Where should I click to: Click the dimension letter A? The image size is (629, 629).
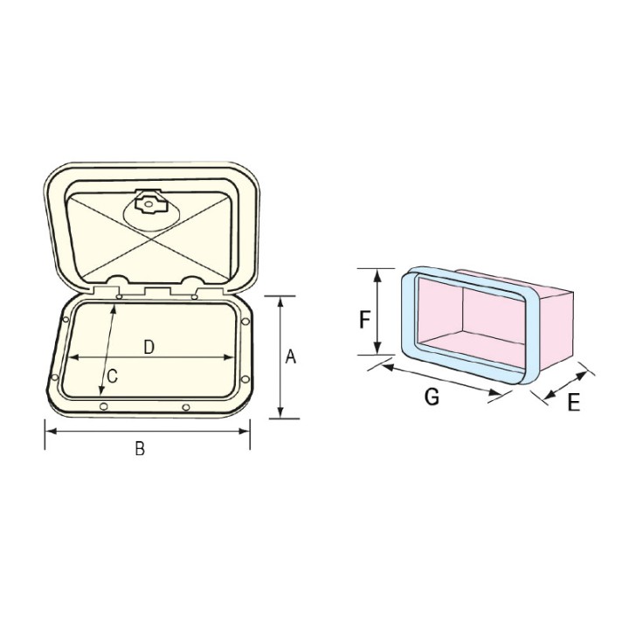coord(292,356)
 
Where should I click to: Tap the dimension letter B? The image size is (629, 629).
coord(139,449)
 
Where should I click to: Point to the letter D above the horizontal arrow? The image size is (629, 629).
coord(149,347)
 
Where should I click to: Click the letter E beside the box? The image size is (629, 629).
coord(573,403)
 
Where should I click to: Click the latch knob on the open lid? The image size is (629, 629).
coord(149,206)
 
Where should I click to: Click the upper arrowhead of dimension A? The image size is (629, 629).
coord(280,301)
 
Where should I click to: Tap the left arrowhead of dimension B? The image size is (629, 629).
coord(49,431)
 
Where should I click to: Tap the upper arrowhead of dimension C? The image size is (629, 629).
coord(115,308)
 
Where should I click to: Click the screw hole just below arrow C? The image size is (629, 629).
coord(104,408)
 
